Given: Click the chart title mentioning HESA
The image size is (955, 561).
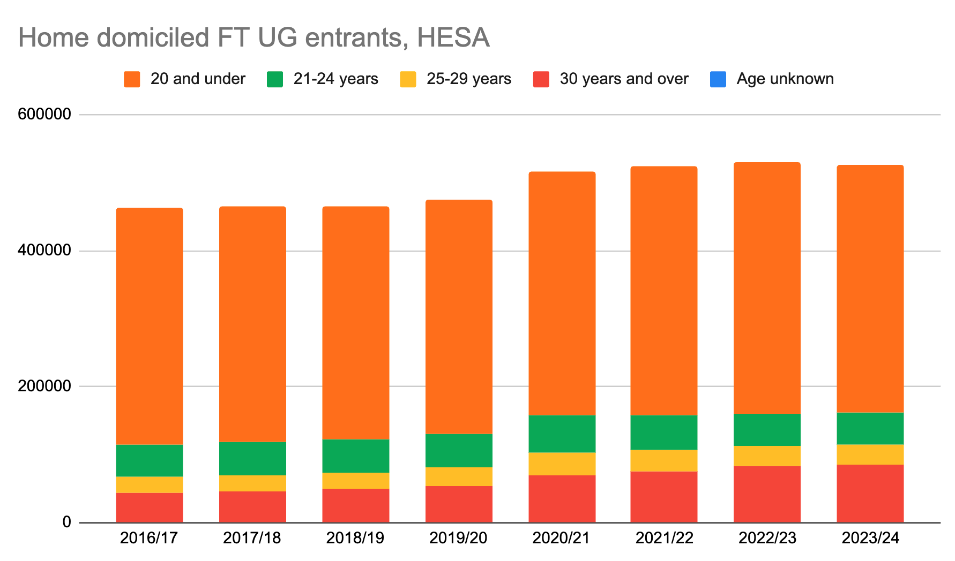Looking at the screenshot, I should [x=254, y=38].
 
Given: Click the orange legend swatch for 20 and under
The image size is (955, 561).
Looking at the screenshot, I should [x=132, y=79].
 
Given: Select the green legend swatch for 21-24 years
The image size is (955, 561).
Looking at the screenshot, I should [x=275, y=79].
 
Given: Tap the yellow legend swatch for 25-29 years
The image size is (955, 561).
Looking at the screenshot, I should [x=408, y=79].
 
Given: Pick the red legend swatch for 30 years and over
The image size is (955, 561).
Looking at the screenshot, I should [x=541, y=79].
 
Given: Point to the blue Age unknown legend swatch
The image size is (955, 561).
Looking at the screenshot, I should [x=718, y=79].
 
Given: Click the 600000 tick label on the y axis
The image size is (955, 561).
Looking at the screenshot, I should [x=44, y=114].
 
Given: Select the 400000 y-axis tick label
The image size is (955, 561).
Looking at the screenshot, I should [x=44, y=251].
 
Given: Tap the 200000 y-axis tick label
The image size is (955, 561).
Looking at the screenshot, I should [x=44, y=386].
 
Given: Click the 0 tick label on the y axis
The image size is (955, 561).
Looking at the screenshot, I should [x=66, y=522].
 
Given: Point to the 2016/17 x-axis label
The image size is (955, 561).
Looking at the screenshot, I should [x=149, y=538].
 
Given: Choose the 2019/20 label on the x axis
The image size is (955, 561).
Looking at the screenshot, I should [x=458, y=538].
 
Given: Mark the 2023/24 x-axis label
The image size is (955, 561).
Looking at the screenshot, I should [x=870, y=538].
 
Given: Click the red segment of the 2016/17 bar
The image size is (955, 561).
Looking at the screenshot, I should [x=150, y=507].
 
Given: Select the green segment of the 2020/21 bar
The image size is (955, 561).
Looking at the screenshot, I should [x=562, y=434].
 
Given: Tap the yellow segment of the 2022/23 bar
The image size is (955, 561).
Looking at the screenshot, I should [x=767, y=456].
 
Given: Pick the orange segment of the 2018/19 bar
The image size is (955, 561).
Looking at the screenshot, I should [x=356, y=323].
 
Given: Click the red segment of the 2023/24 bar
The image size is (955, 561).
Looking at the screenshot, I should [x=870, y=493].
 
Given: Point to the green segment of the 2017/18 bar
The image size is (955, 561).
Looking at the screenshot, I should [x=252, y=458].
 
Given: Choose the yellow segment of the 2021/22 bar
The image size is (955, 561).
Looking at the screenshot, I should [x=664, y=460].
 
